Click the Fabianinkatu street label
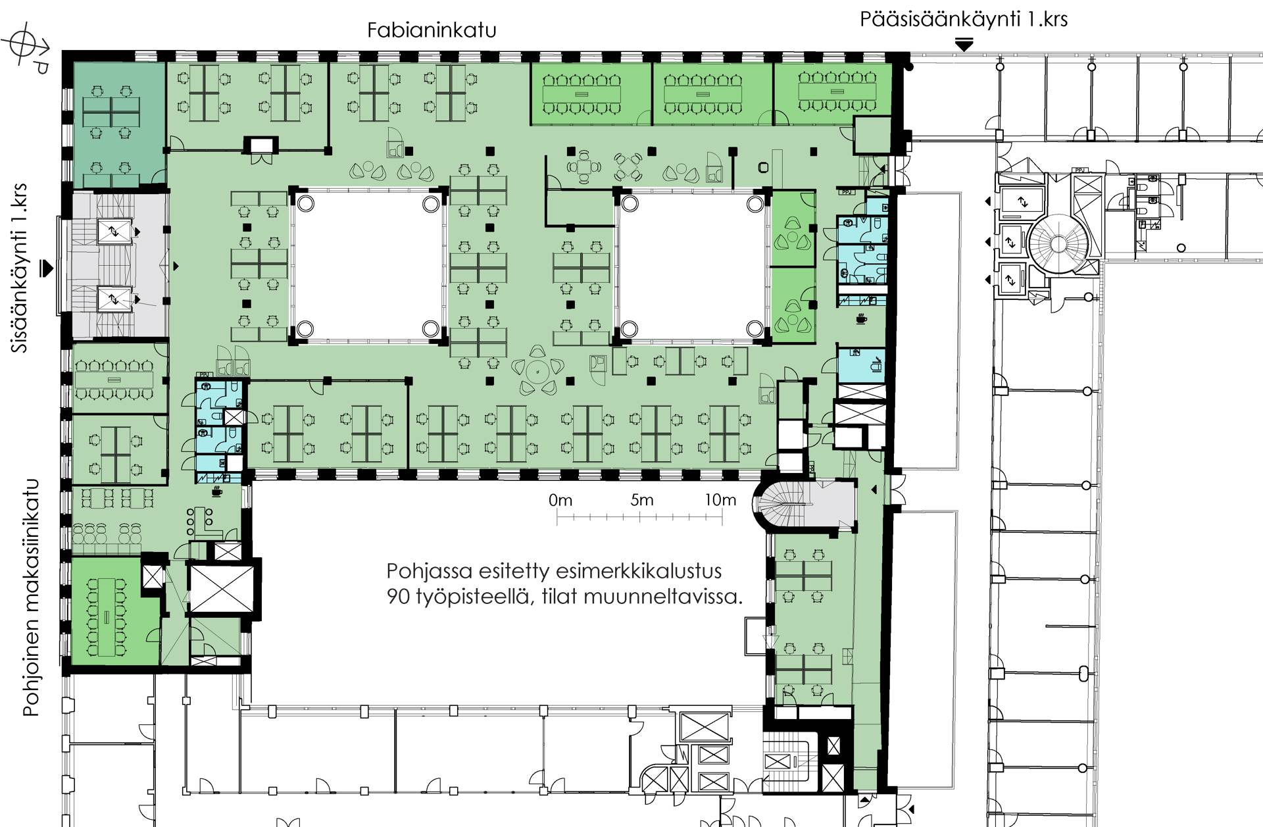tap(432, 30)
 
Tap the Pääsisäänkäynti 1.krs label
tap(964, 19)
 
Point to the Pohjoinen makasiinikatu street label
tap(31, 597)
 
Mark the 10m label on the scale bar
tap(720, 500)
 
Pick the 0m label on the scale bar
tap(560, 501)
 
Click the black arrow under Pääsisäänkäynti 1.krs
tap(964, 45)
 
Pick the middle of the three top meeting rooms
tap(712, 93)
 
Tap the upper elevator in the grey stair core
tap(114, 231)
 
